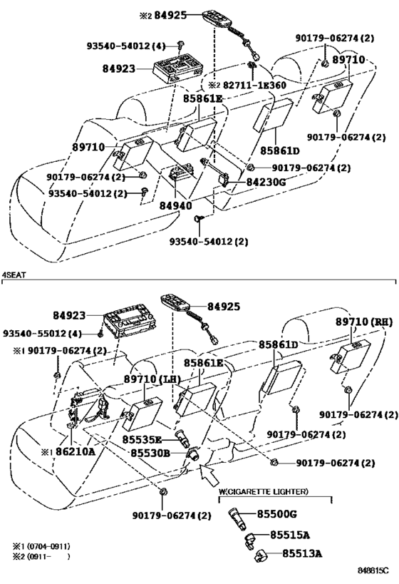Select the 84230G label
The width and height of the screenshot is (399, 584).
(x=266, y=182)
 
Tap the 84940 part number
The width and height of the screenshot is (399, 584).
(x=176, y=205)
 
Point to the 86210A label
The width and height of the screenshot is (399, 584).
(x=76, y=452)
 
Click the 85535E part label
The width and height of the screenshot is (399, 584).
(x=142, y=440)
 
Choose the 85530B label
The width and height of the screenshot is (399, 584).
(x=150, y=454)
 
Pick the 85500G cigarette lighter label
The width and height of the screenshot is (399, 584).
(x=277, y=514)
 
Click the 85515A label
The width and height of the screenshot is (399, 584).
(x=290, y=535)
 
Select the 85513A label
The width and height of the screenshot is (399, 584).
(x=302, y=553)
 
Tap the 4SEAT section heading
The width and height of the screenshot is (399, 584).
(x=14, y=275)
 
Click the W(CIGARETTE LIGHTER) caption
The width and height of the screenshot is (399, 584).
(x=264, y=491)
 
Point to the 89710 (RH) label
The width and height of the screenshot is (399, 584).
(x=364, y=322)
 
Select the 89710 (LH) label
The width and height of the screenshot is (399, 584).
(x=152, y=379)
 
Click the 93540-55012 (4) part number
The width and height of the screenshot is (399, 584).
(x=43, y=333)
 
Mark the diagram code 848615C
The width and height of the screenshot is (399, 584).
(x=373, y=570)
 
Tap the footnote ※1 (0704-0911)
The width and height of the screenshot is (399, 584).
(x=42, y=546)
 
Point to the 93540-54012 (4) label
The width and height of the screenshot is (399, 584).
(x=126, y=46)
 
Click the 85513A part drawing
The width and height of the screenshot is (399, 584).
(x=259, y=556)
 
